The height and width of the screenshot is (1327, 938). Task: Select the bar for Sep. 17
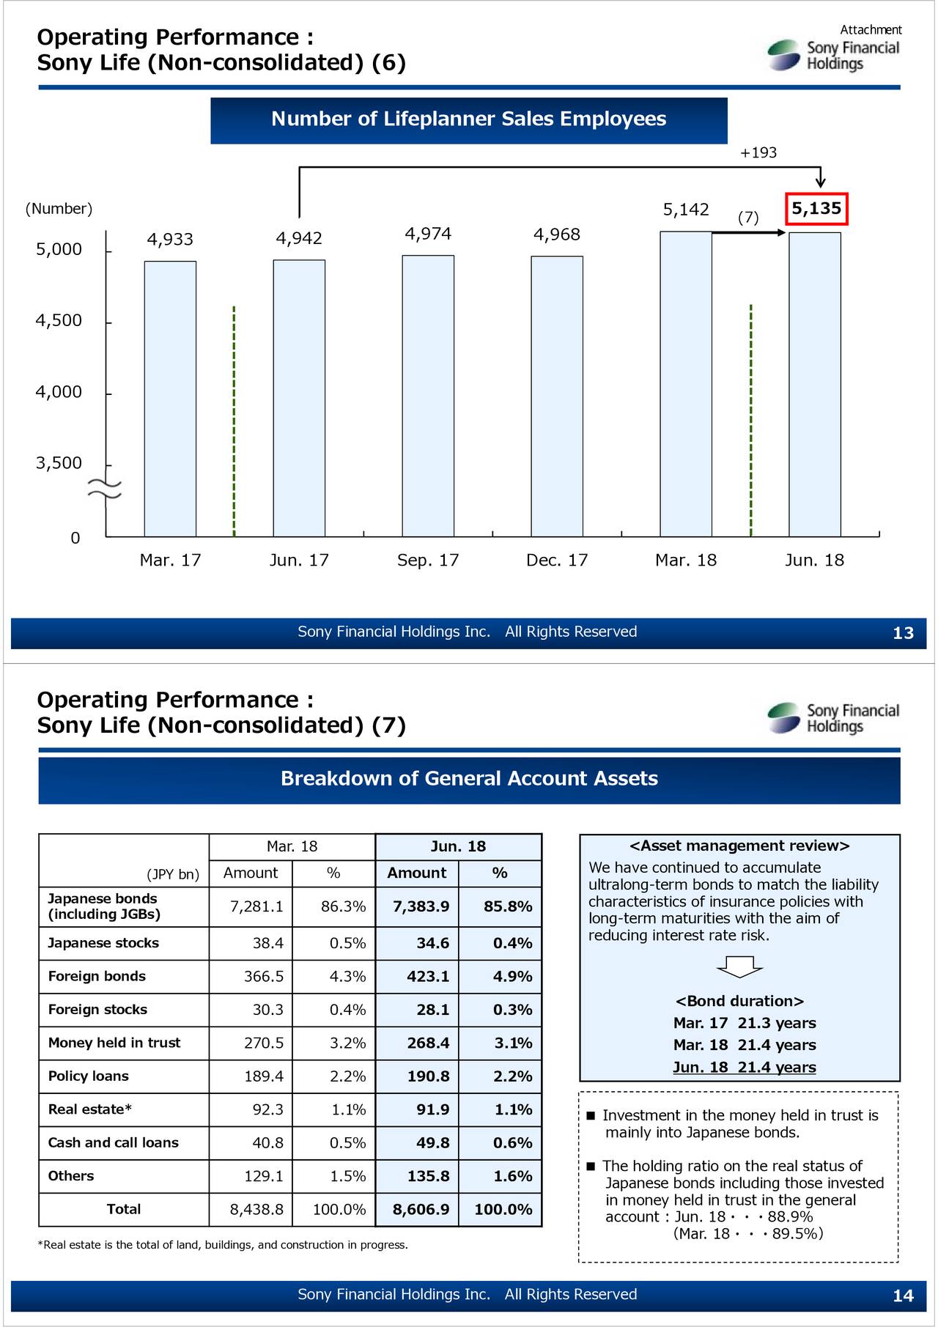coord(428,396)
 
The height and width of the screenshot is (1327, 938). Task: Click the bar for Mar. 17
coord(170,399)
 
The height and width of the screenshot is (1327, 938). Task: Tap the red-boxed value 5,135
coord(816,209)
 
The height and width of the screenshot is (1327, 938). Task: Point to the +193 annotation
coord(758,153)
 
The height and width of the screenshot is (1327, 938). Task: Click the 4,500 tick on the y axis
coord(59,321)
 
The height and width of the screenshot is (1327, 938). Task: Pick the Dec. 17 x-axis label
coord(557,561)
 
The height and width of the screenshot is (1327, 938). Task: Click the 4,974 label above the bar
coord(428,234)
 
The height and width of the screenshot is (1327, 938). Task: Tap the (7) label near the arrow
coord(748,218)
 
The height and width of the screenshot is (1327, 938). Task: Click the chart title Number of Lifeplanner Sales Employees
coord(469,119)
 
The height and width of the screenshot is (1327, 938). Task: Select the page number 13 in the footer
coord(903,633)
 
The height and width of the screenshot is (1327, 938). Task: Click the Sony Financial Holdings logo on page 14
coord(833,718)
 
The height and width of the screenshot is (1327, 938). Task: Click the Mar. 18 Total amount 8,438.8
coord(256,1210)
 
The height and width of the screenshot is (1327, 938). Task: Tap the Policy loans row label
coord(88,1076)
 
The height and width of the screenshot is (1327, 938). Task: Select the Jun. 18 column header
coord(458,847)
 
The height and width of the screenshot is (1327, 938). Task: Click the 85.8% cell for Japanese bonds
coord(508,907)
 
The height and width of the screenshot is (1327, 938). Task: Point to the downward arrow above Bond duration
coord(739,967)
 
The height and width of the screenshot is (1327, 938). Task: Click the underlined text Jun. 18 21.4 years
coord(744,1068)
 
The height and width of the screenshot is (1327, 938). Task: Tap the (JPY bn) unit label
coord(173,874)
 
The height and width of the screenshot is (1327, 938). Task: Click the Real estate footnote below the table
coord(223,1245)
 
